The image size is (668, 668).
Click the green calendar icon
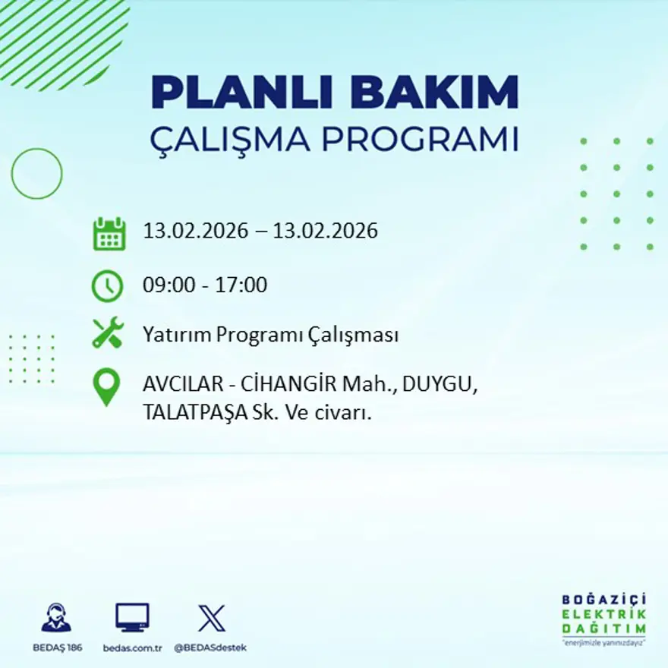[109, 234]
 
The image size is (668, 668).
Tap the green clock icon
[107, 285]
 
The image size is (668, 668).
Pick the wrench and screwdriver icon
[107, 333]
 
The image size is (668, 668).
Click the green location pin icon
[106, 386]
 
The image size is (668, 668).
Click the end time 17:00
[242, 285]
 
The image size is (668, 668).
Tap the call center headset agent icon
[56, 618]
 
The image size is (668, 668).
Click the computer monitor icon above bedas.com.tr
[132, 617]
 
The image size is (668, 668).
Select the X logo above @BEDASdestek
[211, 617]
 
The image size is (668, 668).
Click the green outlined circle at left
[36, 174]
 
